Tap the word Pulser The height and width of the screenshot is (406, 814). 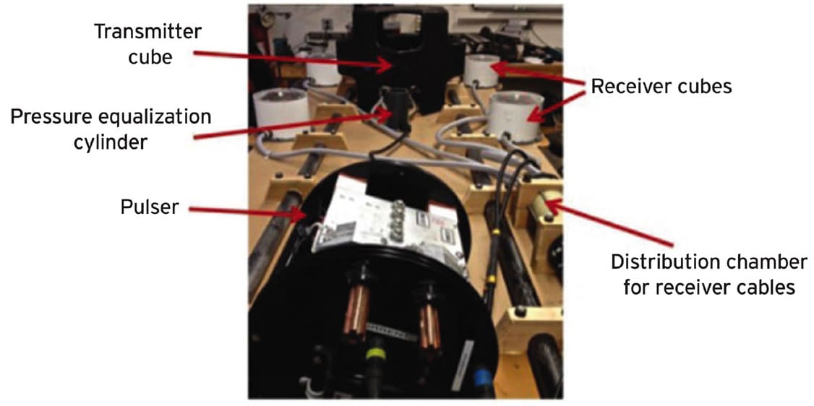click(149, 208)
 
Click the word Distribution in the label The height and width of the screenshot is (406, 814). click(663, 261)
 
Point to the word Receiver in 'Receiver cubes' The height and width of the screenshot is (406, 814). click(631, 87)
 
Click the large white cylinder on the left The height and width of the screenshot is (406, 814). click(280, 111)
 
